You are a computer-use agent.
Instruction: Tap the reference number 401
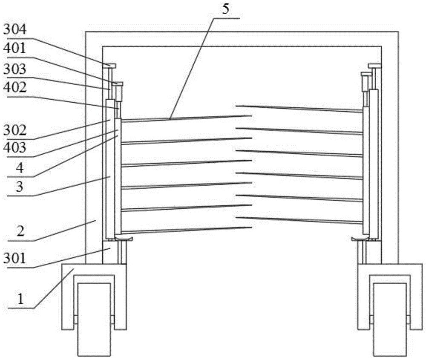pyautogui.click(x=15, y=49)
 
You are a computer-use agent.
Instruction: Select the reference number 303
pyautogui.click(x=15, y=69)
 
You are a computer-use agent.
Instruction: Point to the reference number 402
pyautogui.click(x=15, y=87)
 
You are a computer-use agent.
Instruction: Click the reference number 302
pyautogui.click(x=15, y=130)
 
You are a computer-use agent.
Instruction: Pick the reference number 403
pyautogui.click(x=15, y=148)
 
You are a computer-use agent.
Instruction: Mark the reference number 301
pyautogui.click(x=15, y=258)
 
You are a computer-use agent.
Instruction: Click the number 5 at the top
pyautogui.click(x=225, y=9)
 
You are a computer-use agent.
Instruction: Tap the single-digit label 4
pyautogui.click(x=20, y=168)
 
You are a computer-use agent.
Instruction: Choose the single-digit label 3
pyautogui.click(x=20, y=187)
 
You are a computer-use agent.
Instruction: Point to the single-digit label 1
pyautogui.click(x=21, y=299)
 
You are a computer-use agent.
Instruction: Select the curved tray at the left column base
pyautogui.click(x=124, y=239)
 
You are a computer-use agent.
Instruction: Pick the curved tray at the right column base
pyautogui.click(x=360, y=239)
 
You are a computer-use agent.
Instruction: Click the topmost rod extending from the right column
pyautogui.click(x=299, y=108)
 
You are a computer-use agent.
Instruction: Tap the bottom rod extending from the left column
pyautogui.click(x=187, y=230)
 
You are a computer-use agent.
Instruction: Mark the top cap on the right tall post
pyautogui.click(x=375, y=66)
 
